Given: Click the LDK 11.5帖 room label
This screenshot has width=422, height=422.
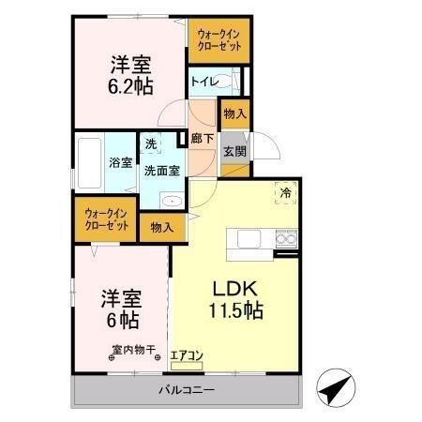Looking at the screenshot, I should (234, 298).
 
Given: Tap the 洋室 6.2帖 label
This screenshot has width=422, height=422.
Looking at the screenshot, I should (130, 76).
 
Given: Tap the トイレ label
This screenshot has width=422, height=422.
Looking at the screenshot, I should (204, 83).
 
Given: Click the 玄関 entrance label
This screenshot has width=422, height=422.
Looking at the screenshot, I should (234, 152).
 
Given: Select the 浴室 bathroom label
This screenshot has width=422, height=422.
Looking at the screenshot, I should (119, 163).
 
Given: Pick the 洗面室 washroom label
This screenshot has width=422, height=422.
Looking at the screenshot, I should (161, 170).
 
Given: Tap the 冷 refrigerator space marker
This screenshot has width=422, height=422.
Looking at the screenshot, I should (284, 193).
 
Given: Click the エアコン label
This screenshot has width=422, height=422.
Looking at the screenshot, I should (187, 355).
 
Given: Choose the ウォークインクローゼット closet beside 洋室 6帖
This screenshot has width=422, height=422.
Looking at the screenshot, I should (106, 219).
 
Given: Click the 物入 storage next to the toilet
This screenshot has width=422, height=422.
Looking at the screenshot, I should (234, 114).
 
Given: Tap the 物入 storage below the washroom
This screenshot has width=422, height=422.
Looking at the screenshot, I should (161, 227).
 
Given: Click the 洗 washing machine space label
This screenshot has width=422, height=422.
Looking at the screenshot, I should (151, 144).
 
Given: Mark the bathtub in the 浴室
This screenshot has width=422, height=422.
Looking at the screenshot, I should (90, 164).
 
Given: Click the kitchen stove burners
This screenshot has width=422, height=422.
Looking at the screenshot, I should (285, 242).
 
